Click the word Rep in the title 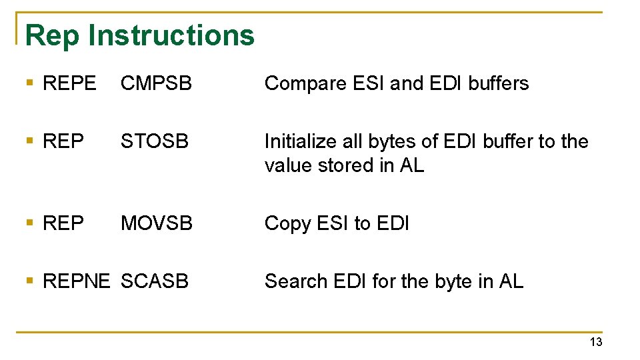click(52, 35)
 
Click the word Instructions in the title click(171, 35)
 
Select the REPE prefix click(69, 84)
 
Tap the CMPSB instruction click(156, 84)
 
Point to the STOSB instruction click(155, 142)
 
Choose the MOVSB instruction click(157, 223)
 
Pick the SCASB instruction click(155, 281)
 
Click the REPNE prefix click(76, 281)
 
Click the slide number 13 click(595, 342)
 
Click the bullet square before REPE click(29, 84)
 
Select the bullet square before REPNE click(29, 281)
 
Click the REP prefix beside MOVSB click(63, 223)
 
